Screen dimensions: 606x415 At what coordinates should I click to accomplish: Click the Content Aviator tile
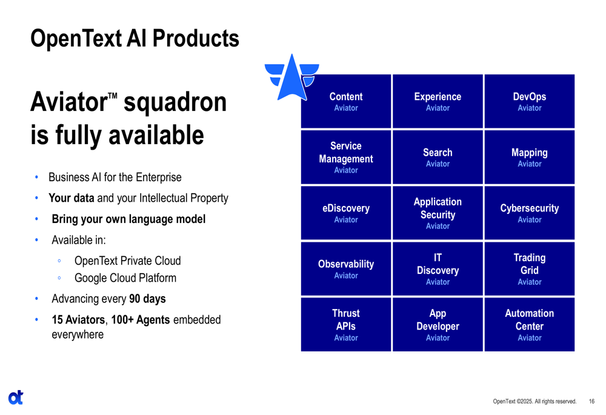coord(346,101)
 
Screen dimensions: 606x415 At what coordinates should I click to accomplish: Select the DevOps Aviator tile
coord(530,101)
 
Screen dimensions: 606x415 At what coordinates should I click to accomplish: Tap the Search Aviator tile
coord(438,158)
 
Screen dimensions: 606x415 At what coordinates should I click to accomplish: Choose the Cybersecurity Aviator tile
coord(530,213)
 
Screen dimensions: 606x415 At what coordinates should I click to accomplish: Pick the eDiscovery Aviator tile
coord(346,213)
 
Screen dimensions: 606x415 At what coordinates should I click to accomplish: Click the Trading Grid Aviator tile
coord(530,269)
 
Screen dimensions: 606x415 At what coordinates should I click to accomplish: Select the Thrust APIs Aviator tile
coord(346,325)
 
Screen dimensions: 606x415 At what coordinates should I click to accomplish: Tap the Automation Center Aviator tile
coord(530,325)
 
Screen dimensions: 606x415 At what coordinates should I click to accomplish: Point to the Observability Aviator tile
coord(346,269)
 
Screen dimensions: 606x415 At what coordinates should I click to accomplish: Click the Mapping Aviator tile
coord(530,158)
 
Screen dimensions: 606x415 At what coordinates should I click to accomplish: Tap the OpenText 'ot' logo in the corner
coord(16,397)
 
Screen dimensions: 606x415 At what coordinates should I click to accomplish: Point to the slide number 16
coord(591,402)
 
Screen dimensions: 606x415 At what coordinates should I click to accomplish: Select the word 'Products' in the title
coord(196,38)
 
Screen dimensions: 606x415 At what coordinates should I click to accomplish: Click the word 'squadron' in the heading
coord(175,102)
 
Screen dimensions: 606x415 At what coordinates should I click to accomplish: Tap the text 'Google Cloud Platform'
coord(125,278)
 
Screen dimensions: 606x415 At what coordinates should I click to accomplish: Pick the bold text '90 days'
coord(147,299)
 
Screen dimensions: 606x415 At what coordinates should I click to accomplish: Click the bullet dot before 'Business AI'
coord(37,178)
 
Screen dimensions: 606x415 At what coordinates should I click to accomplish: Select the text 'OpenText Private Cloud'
coord(127,261)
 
